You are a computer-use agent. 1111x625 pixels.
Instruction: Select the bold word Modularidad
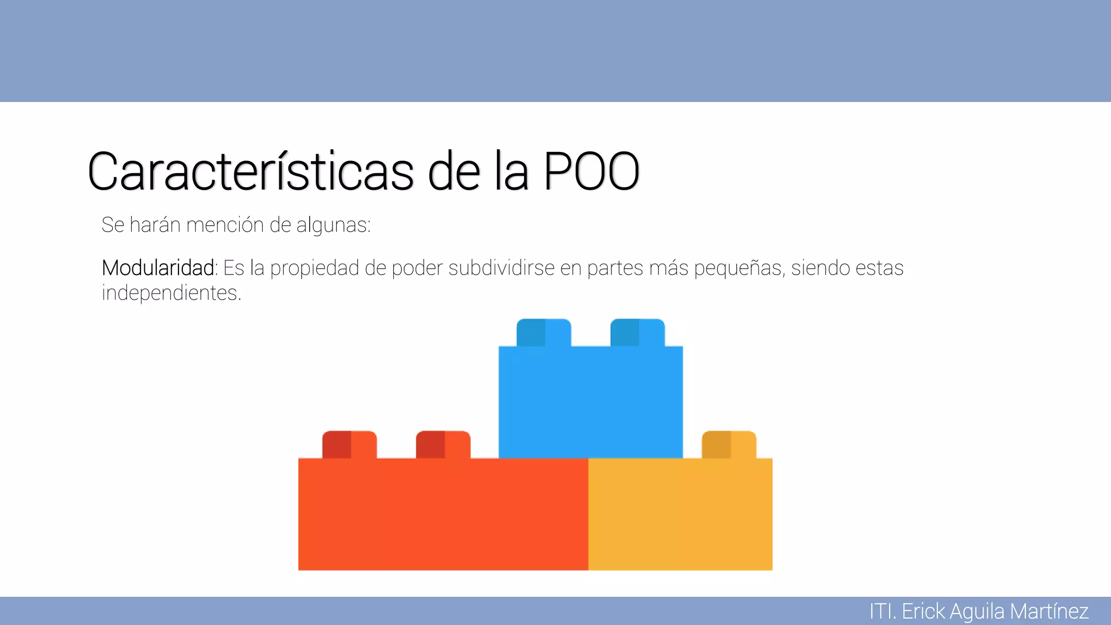coord(158,268)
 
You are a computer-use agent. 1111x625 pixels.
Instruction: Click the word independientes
coord(170,293)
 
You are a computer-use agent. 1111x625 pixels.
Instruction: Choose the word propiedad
coord(315,268)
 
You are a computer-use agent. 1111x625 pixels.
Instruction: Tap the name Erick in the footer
coord(923,611)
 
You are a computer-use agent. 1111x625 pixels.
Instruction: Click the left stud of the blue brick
coord(544,333)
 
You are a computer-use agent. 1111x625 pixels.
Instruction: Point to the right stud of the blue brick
coord(637,333)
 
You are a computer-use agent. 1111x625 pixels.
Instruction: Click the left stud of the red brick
coord(349,445)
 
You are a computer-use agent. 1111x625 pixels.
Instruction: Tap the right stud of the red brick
coord(443,445)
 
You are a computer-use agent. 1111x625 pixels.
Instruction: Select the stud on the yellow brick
coord(729,445)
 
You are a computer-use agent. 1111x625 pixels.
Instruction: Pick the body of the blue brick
coord(590,402)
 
